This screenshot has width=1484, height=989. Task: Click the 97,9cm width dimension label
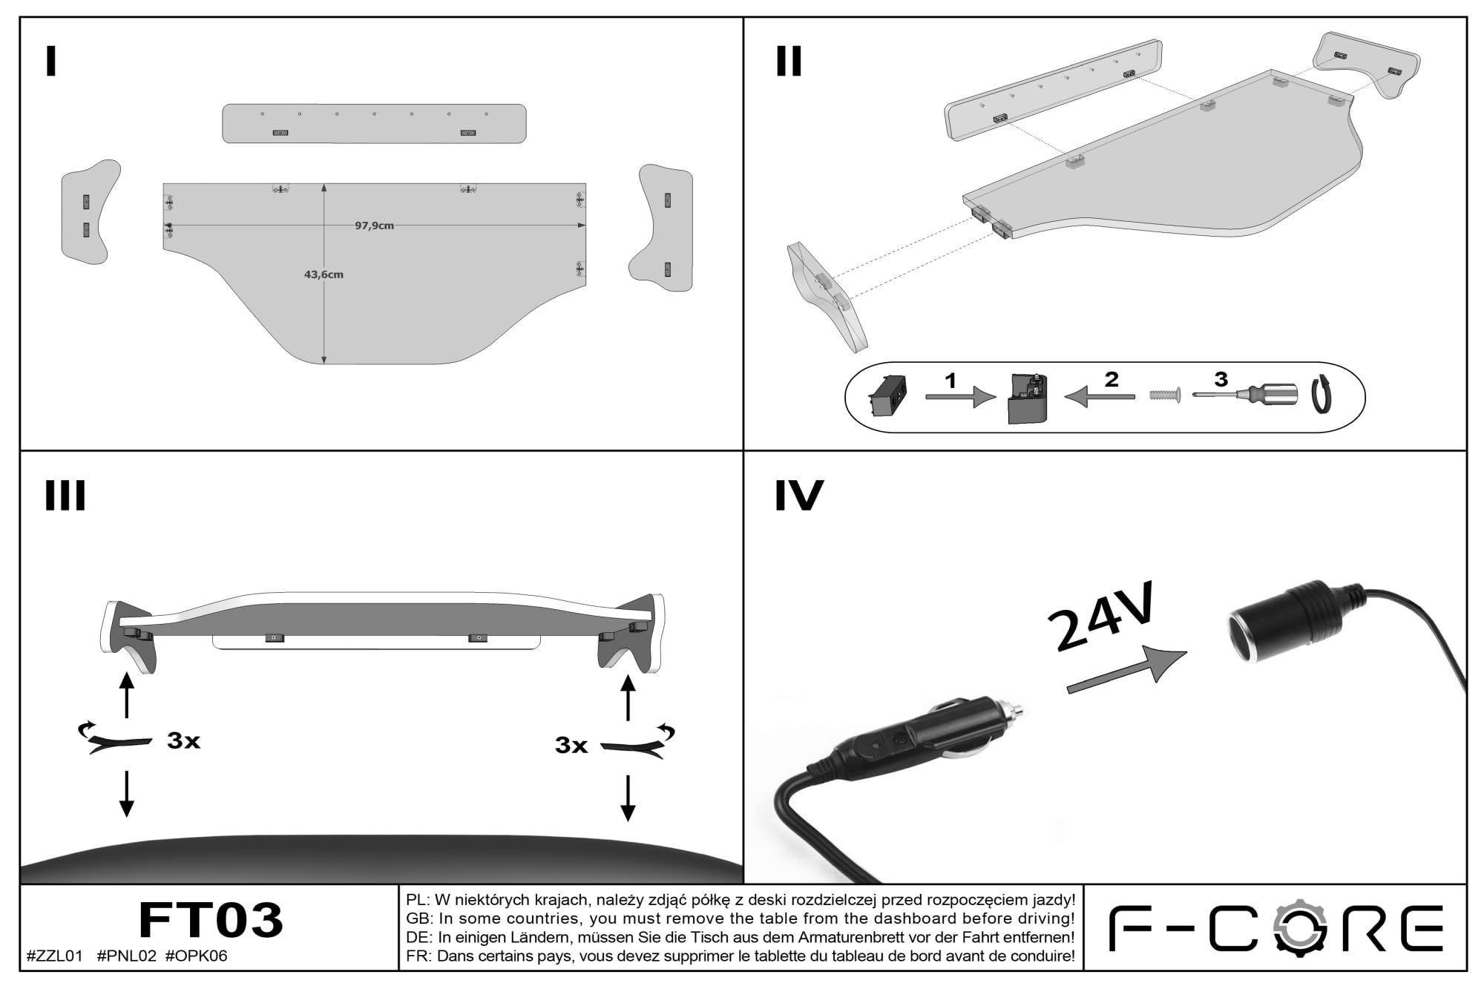374,226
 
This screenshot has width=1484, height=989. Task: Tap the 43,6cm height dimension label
324,275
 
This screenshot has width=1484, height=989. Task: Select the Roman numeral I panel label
50,62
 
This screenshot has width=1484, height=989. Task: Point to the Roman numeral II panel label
789,62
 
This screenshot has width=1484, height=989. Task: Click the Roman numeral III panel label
65,496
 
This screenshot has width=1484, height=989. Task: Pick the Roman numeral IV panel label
799,496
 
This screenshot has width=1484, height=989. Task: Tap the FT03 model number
211,920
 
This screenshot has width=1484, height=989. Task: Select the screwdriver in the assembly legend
1245,394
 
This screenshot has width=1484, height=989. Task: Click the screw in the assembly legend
1165,395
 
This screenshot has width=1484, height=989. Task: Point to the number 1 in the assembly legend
951,381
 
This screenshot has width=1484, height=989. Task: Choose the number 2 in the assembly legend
1111,380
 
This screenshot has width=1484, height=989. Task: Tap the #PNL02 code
127,956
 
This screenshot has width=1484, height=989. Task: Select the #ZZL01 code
55,956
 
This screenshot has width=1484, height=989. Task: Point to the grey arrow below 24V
1126,670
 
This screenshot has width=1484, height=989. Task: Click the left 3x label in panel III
183,740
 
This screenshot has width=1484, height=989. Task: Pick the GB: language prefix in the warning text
420,919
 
